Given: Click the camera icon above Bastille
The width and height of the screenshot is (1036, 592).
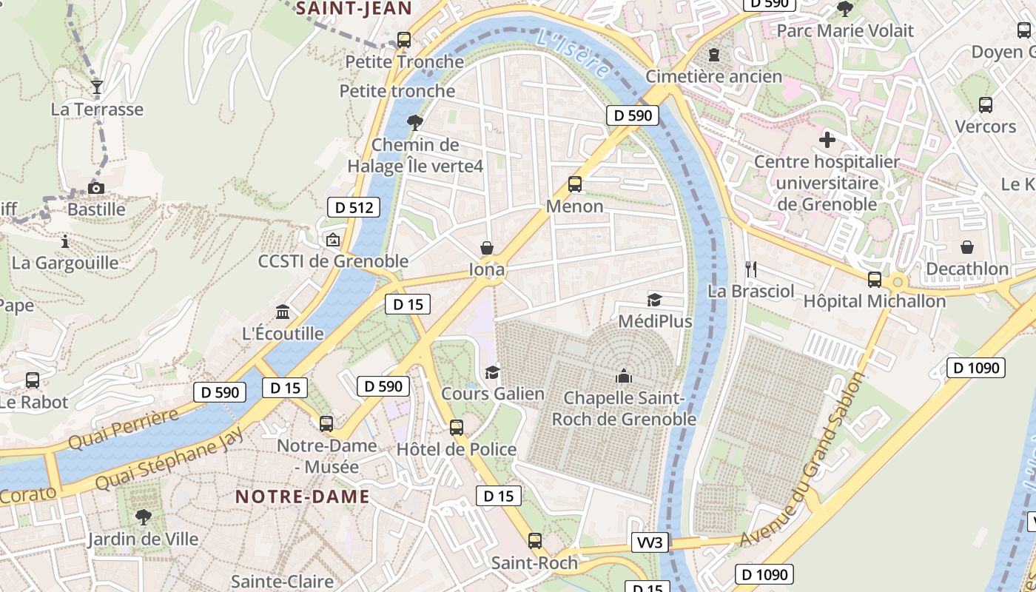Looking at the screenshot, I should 95,189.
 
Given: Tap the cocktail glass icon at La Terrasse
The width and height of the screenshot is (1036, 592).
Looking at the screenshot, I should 96,87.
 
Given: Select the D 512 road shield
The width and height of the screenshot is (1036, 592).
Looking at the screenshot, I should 354,208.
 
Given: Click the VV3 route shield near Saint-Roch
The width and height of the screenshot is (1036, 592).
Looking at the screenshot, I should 650,543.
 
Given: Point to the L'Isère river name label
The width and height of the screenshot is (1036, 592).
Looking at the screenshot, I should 574,53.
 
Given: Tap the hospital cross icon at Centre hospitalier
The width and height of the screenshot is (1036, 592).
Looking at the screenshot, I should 827,140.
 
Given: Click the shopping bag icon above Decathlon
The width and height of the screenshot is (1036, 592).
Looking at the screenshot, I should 967,247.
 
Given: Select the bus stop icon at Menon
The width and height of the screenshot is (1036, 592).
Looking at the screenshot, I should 574,184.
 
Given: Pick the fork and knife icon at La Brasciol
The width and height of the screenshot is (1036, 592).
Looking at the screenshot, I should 751,269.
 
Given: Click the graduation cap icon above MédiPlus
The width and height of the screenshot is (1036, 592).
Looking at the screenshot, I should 654,300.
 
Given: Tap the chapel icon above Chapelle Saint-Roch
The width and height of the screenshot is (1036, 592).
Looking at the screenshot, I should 624,376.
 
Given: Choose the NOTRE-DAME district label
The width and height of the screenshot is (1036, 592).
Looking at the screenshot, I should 302,497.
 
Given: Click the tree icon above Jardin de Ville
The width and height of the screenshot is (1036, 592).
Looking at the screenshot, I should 143,517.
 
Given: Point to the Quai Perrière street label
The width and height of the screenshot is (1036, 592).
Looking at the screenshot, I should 124,428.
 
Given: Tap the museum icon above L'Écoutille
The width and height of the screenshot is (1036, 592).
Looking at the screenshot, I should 283,312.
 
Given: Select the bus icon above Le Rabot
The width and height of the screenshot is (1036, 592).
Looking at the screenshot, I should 33,380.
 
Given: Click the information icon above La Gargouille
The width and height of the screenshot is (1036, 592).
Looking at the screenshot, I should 65,241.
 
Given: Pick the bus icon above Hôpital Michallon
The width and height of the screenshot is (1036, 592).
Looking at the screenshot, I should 874,280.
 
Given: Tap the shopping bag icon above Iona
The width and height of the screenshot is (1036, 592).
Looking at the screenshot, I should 487,247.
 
